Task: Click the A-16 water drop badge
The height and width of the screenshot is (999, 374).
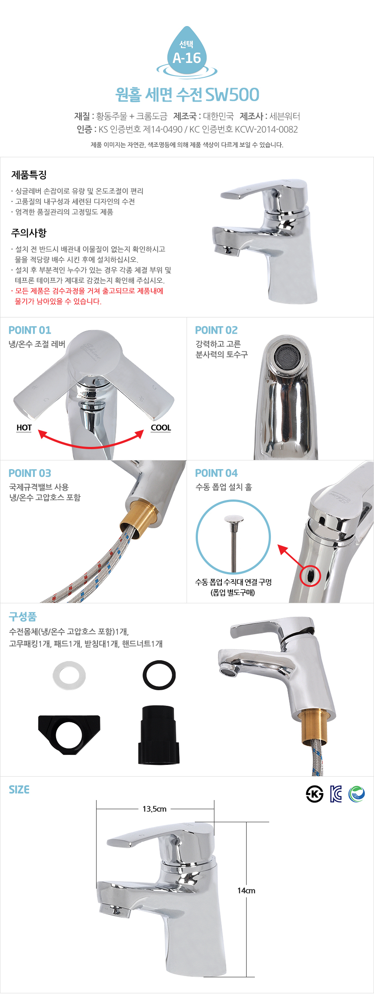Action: pos(187,53)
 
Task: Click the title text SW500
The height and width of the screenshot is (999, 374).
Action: pos(232,95)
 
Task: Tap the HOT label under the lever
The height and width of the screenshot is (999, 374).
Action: pos(24,428)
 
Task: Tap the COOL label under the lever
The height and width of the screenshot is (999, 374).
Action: pos(161,428)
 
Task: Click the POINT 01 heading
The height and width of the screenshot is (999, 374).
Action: pos(30,330)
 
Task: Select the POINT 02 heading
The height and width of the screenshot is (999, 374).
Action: pos(217,330)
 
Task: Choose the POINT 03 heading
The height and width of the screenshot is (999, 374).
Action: pos(30,473)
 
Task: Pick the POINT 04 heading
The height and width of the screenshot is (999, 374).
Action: pos(217,473)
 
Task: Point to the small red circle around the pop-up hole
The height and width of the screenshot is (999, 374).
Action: pos(311,576)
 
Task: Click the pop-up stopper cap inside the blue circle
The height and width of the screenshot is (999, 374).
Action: pos(234,519)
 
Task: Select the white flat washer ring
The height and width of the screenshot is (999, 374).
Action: pos(69,676)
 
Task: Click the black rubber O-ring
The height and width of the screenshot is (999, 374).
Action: pos(159,675)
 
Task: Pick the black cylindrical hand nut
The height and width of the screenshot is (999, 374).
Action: pos(159,735)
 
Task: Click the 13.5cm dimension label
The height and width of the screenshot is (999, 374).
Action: pos(154,809)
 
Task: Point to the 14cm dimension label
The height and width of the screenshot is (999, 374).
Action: pos(246,890)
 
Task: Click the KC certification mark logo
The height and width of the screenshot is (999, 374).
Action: pos(336,794)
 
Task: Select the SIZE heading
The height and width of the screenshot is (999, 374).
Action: pos(19,790)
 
